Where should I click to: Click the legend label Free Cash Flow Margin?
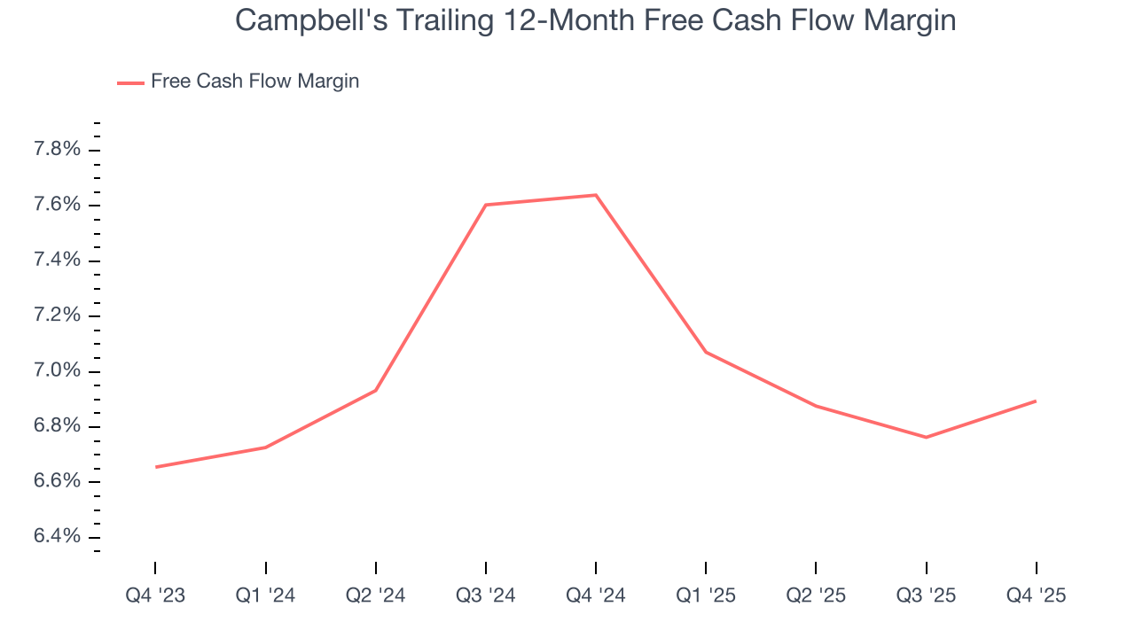(x=254, y=82)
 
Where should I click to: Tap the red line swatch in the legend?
(x=130, y=82)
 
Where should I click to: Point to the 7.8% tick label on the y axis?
(x=57, y=150)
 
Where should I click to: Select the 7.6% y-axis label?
(x=57, y=205)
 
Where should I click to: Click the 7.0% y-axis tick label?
(x=57, y=371)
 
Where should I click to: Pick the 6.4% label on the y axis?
(x=57, y=537)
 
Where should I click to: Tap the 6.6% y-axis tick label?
(x=57, y=482)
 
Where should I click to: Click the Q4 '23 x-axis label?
(x=155, y=595)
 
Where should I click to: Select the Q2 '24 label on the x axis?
(x=376, y=595)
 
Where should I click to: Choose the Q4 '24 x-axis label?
(x=596, y=595)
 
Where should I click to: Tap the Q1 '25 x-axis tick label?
(x=706, y=595)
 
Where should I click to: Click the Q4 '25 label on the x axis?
(x=1036, y=595)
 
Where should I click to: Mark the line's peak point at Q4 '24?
(x=596, y=195)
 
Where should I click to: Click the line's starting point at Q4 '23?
(x=156, y=467)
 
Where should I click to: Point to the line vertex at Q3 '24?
(x=486, y=205)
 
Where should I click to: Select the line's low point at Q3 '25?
(x=926, y=437)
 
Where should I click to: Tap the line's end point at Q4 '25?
(x=1036, y=401)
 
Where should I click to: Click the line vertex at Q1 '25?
(x=706, y=352)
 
